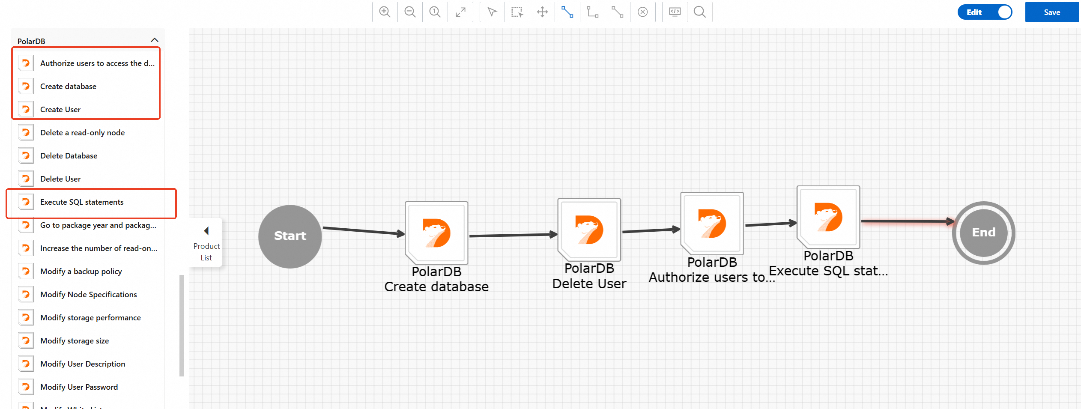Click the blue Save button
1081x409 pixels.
click(x=1051, y=12)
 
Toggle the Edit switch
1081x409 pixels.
click(x=985, y=12)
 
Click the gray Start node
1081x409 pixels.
click(x=290, y=236)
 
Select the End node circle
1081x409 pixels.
click(x=983, y=233)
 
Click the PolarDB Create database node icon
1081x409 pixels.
click(x=436, y=233)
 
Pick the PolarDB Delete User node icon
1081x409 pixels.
click(x=589, y=230)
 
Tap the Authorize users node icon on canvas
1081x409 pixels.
click(x=712, y=223)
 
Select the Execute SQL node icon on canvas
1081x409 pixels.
click(x=828, y=217)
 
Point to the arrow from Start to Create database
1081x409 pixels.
click(x=364, y=231)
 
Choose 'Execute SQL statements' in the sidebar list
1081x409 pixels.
click(x=82, y=202)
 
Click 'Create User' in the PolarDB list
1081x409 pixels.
click(x=60, y=110)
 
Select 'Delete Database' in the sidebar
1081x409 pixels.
click(x=69, y=156)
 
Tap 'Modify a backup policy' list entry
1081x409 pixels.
click(x=81, y=272)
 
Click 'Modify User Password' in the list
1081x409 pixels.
click(x=79, y=387)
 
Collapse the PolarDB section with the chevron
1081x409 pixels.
click(x=155, y=40)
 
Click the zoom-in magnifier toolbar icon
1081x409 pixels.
click(x=385, y=12)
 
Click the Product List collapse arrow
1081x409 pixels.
click(x=206, y=231)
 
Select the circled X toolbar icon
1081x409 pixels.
click(x=642, y=12)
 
